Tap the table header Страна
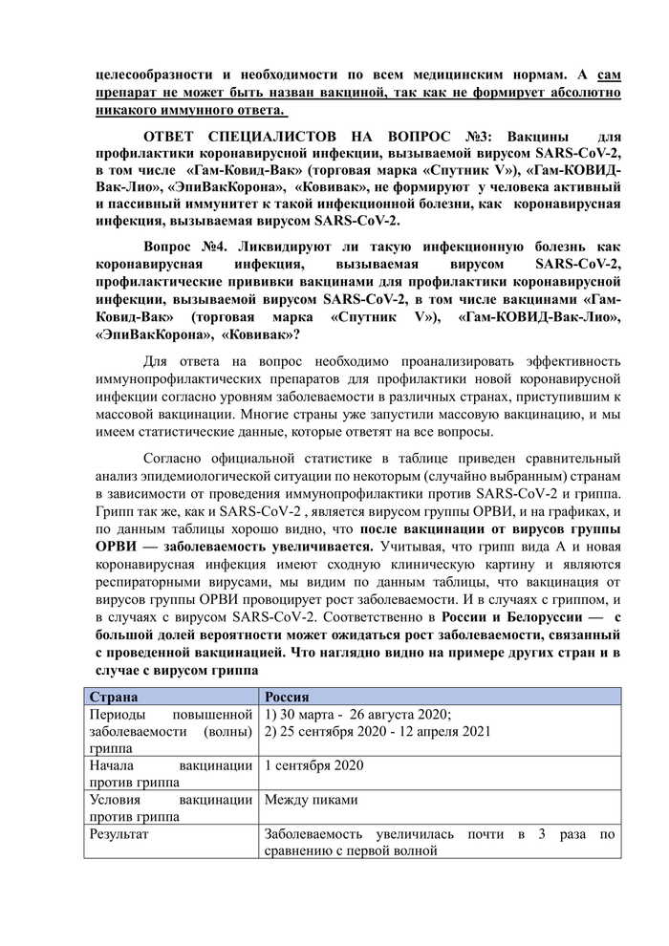point(113,697)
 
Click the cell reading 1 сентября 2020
point(313,766)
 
